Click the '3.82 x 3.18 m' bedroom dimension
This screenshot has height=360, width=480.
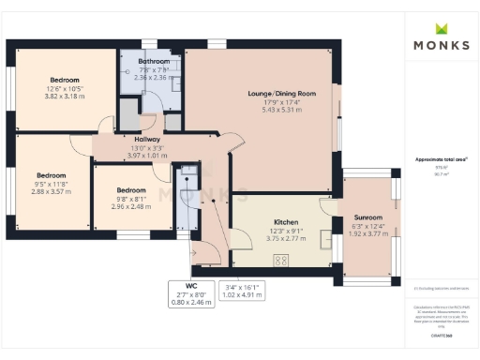65,97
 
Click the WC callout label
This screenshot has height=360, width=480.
190,284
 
